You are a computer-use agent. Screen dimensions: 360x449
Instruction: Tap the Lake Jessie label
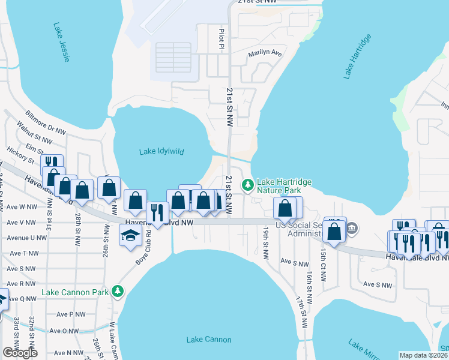[x=62, y=42]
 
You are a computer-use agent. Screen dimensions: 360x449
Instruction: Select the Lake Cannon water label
[x=208, y=340]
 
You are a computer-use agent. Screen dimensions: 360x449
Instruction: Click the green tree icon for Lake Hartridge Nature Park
[x=247, y=185]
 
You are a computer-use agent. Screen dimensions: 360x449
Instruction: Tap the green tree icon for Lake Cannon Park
[x=118, y=292]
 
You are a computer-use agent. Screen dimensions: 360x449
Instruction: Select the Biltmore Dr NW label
[x=46, y=122]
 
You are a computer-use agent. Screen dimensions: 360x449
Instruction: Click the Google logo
[x=20, y=352]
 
